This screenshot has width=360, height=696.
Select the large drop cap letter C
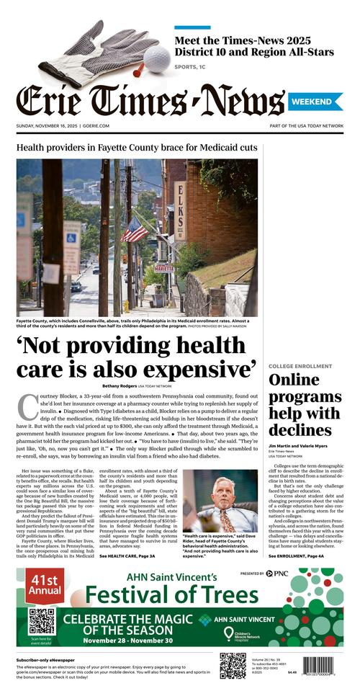pyautogui.click(x=27, y=407)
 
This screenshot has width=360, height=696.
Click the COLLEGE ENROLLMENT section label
pyautogui.click(x=300, y=366)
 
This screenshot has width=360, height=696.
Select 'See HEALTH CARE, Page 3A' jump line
pyautogui.click(x=134, y=557)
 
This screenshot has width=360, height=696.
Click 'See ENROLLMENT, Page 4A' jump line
pyautogui.click(x=301, y=557)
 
